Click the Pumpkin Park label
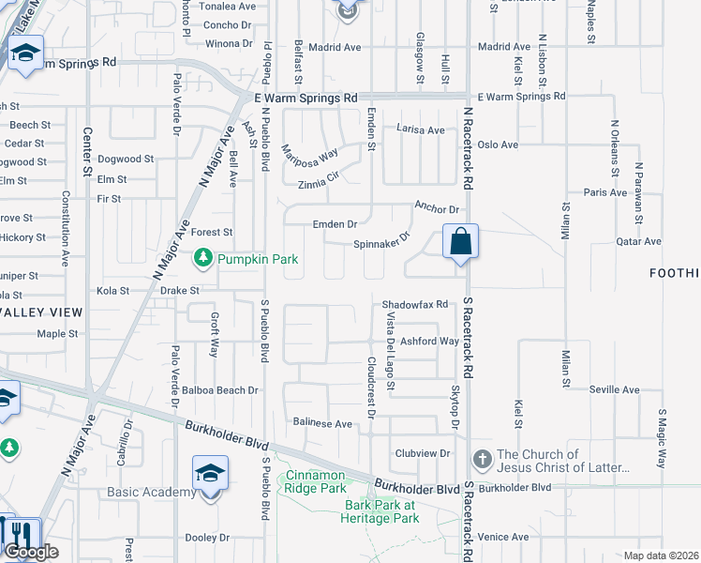(250, 257)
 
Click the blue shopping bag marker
(461, 242)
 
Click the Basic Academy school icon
(210, 474)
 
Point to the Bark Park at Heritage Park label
(380, 511)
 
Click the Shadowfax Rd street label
(416, 304)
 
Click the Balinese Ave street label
(322, 424)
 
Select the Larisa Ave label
(421, 129)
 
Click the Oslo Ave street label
(498, 145)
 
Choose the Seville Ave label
(614, 389)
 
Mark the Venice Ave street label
(503, 538)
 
